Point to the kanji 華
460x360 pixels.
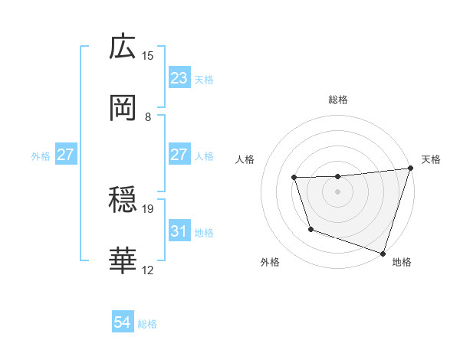(x=123, y=261)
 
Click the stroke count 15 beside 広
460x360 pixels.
(x=148, y=55)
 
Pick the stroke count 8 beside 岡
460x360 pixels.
(x=148, y=116)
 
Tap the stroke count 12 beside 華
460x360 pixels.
(x=148, y=270)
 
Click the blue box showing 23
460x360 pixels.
(x=179, y=78)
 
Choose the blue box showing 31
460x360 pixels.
(x=179, y=231)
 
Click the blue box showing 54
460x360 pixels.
(x=123, y=323)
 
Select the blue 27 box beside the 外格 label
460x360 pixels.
(x=66, y=155)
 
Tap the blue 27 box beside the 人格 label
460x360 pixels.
(x=179, y=155)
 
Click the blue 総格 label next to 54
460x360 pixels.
(x=147, y=324)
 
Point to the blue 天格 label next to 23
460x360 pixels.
(x=204, y=79)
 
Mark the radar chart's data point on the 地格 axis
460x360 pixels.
(x=383, y=253)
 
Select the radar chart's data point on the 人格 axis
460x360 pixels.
(x=294, y=178)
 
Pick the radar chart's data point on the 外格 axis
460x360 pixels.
(x=310, y=229)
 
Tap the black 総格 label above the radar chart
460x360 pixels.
(x=338, y=100)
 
